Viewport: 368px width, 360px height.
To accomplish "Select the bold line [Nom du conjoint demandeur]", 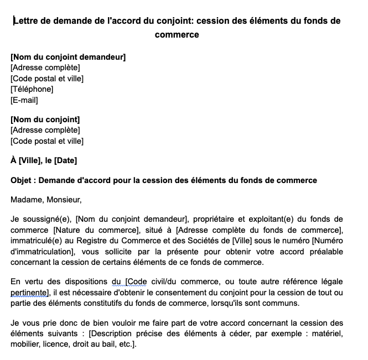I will pos(68,57).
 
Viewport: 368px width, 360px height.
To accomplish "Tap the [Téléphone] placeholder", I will pos(32,89).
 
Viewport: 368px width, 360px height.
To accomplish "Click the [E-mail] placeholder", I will pos(24,100).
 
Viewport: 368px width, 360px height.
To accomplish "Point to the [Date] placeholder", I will pos(65,161).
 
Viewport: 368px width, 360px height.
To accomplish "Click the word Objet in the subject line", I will pos(22,180).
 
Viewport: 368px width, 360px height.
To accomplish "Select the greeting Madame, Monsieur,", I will pos(46,200).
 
